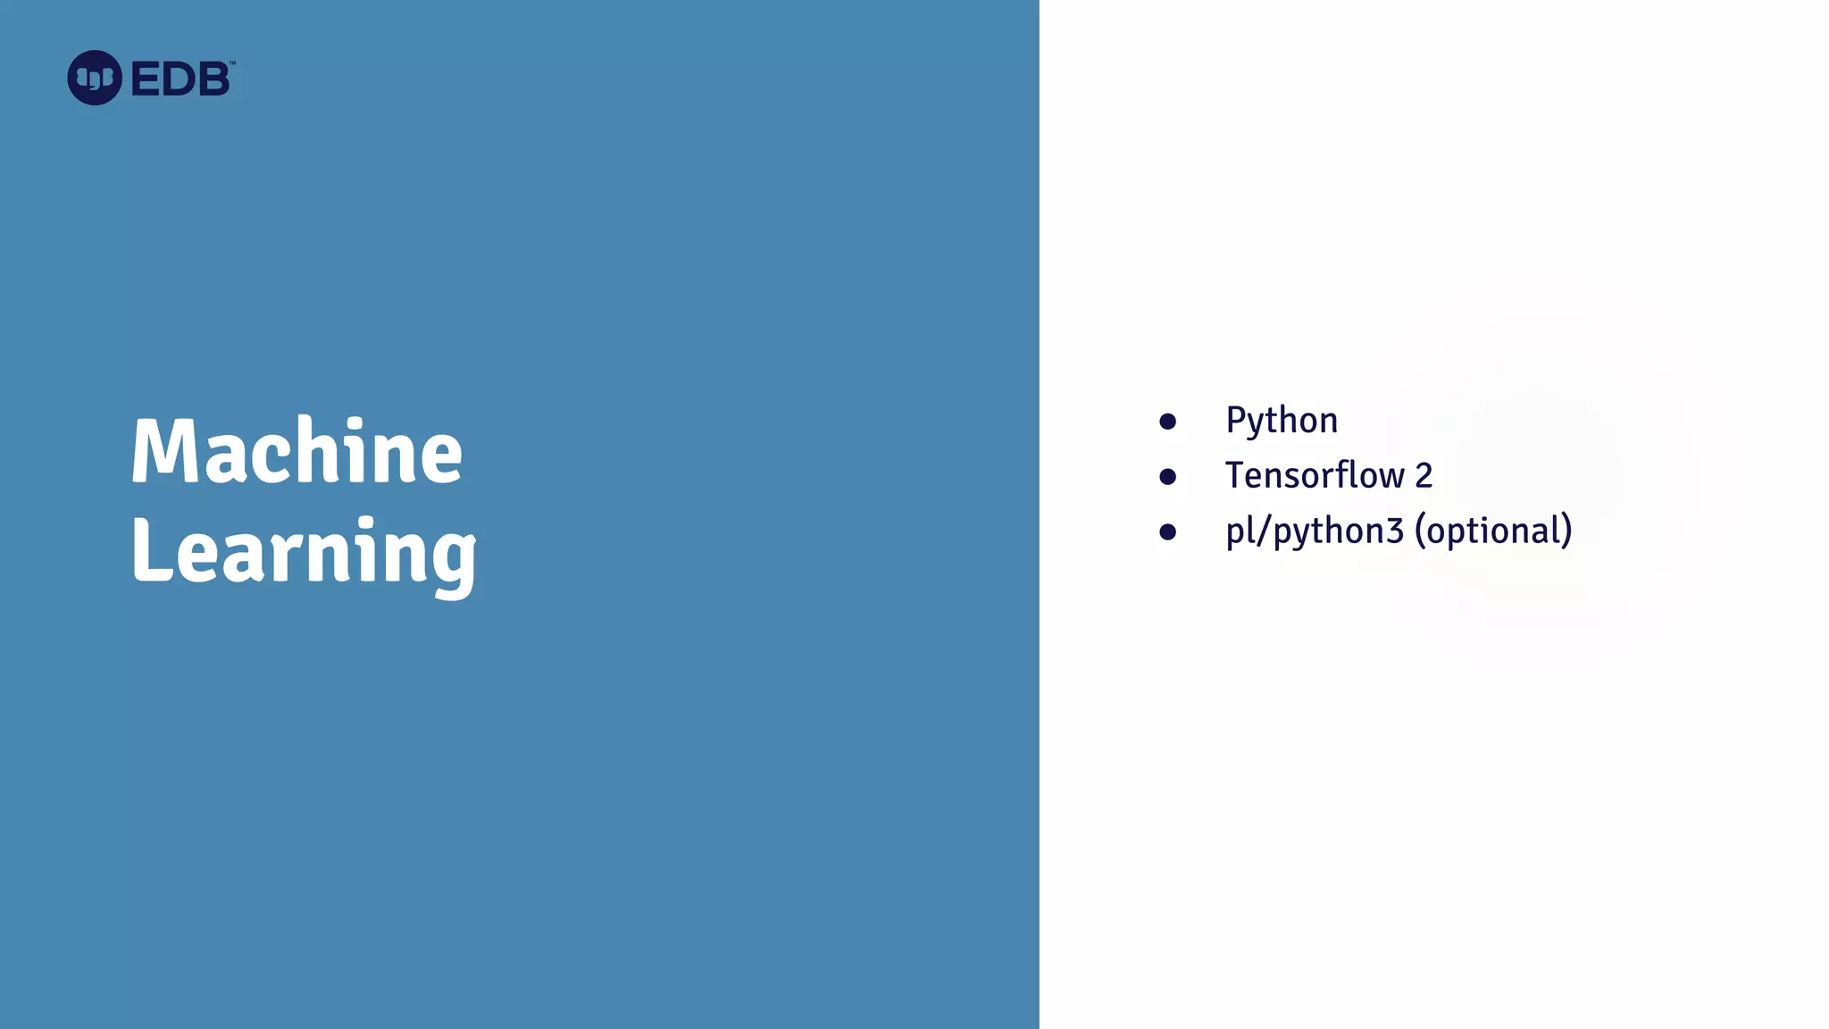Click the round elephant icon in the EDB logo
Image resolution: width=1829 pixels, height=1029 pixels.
click(95, 78)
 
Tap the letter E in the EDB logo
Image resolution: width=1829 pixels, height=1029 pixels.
click(146, 79)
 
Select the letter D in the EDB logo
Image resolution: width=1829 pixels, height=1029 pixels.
click(180, 79)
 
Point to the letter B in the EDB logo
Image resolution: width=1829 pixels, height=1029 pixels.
click(213, 79)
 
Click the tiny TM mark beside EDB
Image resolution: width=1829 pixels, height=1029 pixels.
click(232, 63)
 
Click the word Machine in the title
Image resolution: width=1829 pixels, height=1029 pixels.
click(296, 451)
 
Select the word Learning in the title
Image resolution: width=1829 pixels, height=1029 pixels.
click(304, 552)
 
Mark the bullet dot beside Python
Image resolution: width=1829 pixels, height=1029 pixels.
click(1167, 422)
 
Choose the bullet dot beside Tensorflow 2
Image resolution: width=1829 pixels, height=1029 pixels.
click(1167, 477)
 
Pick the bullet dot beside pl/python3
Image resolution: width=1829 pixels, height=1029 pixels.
click(1167, 532)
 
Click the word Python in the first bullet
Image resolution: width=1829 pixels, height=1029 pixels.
click(1282, 421)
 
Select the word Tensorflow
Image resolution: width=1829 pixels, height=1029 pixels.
click(1315, 475)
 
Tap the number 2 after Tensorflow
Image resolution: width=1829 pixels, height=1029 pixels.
click(1424, 476)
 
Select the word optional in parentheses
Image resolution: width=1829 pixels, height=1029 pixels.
click(1493, 531)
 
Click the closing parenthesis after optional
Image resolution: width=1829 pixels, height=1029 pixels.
click(1566, 531)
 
